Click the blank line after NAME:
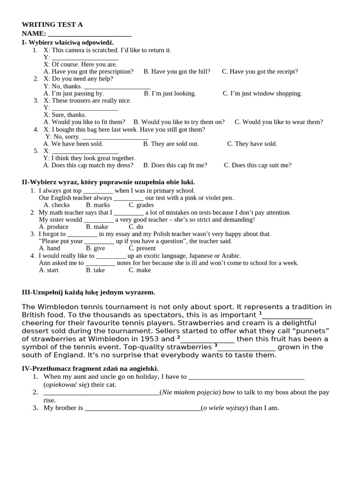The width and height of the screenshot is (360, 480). [90, 34]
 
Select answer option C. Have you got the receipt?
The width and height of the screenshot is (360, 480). [260, 72]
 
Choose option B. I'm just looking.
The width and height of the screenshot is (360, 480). [170, 94]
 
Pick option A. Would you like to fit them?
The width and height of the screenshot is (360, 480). [84, 122]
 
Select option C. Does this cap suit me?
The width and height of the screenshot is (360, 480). [257, 165]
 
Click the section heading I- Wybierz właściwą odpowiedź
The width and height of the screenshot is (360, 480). [68, 43]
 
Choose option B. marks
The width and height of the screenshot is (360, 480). [98, 205]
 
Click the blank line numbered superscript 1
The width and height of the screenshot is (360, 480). [287, 315]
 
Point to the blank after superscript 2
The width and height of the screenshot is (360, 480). [207, 339]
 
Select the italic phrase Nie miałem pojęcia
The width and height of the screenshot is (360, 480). [190, 392]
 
